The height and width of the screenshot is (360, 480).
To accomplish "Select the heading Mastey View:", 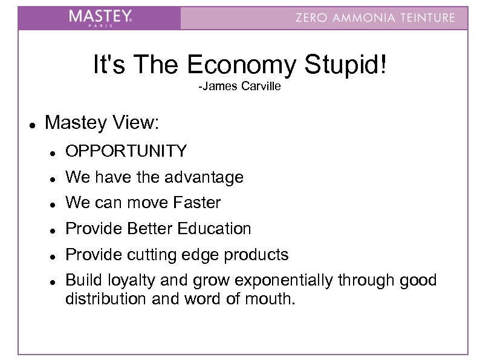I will click(102, 123).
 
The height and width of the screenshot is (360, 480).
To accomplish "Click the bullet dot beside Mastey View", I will click(31, 124).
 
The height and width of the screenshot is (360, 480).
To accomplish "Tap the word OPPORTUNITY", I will click(126, 151).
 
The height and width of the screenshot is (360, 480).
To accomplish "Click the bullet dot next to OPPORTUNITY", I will click(53, 152).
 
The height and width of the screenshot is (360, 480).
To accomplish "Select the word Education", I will click(214, 229).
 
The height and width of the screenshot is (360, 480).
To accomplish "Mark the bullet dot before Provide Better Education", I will click(53, 230).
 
